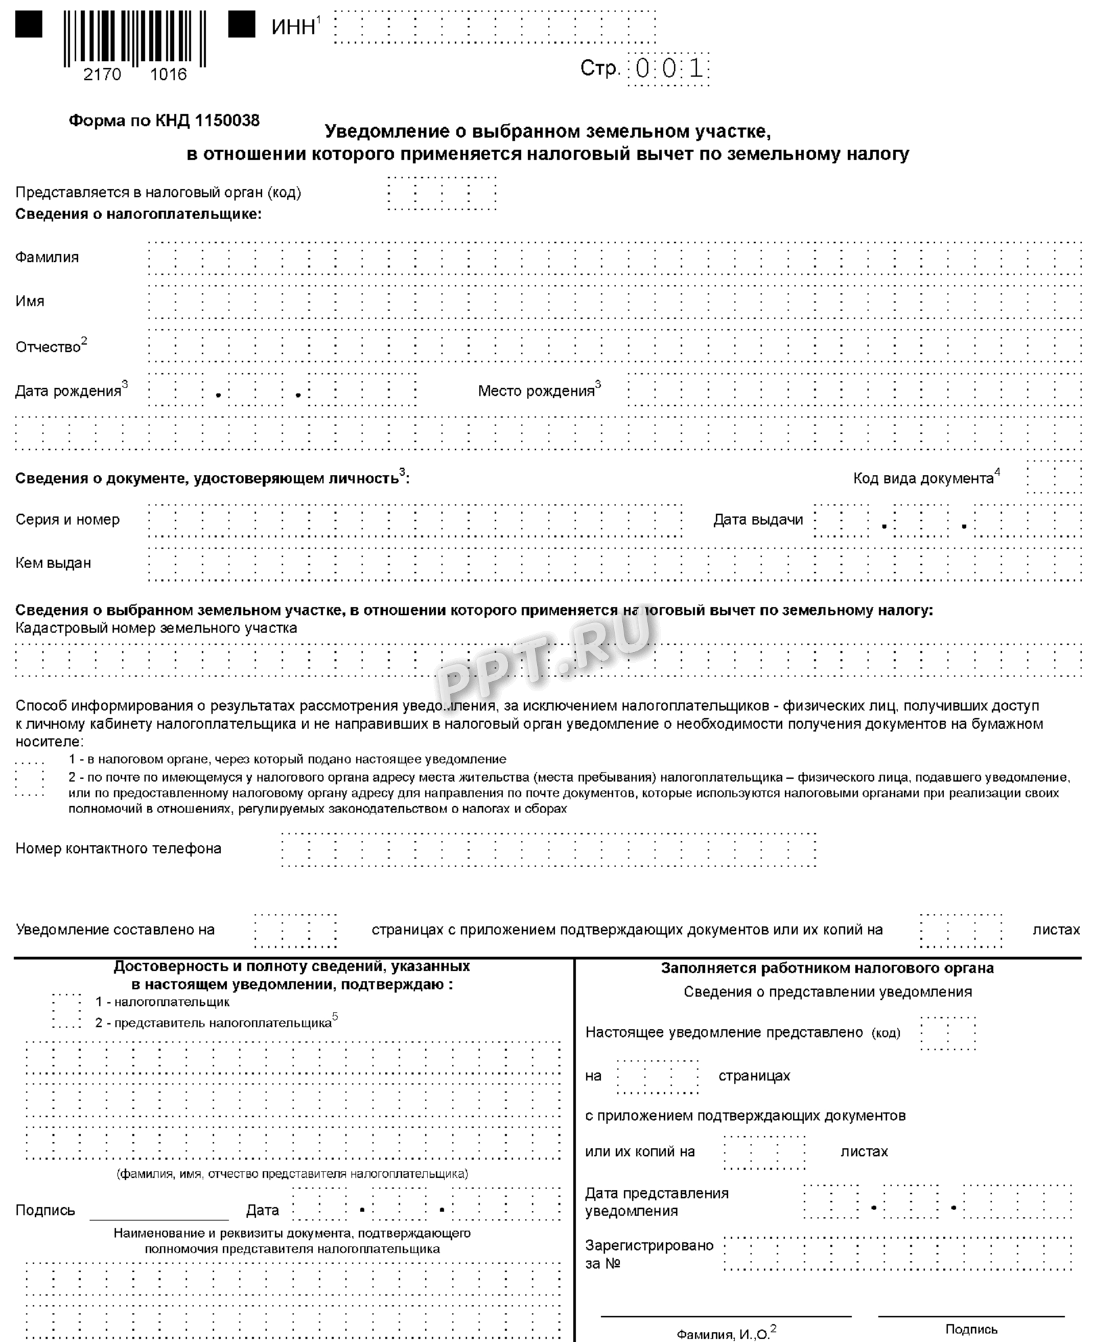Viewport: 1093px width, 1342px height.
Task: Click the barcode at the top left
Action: pos(135,38)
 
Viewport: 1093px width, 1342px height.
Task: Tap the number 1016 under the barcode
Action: pos(168,74)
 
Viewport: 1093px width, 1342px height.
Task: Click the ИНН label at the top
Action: pos(294,27)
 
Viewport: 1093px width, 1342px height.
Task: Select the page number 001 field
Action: pos(669,69)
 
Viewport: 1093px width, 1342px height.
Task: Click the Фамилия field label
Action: pos(47,257)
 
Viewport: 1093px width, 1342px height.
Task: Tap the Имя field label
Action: pos(30,301)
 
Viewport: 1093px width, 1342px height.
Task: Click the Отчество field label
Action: pos(48,347)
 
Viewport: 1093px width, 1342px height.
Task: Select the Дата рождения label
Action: pos(68,391)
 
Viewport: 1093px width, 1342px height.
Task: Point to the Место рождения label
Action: pos(536,391)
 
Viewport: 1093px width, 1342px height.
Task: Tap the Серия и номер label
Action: pos(68,519)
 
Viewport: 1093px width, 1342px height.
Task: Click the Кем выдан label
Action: pos(53,563)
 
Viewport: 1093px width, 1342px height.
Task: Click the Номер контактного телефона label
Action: pos(118,848)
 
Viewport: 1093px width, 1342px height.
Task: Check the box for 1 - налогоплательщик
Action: pos(66,1001)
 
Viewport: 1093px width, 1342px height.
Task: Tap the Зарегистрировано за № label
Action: pos(649,1254)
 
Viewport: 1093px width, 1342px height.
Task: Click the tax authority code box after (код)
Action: pos(948,1033)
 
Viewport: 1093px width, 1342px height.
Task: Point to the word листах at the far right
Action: pos(1056,929)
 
